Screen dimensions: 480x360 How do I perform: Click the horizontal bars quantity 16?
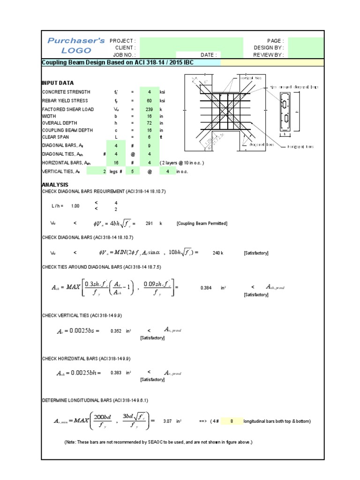(116, 163)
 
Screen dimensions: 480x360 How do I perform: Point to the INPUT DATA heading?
(58, 82)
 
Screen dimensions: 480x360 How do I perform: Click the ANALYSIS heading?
(55, 185)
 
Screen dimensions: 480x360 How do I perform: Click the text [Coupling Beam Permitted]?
(202, 224)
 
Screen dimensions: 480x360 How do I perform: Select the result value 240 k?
(218, 253)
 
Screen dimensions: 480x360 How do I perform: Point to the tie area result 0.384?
(207, 288)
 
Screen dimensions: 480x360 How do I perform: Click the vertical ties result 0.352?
(116, 331)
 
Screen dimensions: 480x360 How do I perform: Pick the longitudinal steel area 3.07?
(168, 421)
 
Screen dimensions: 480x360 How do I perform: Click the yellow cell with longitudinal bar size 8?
(232, 421)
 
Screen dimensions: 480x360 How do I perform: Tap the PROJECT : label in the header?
(122, 41)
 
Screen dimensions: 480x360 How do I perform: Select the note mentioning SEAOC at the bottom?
(158, 442)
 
